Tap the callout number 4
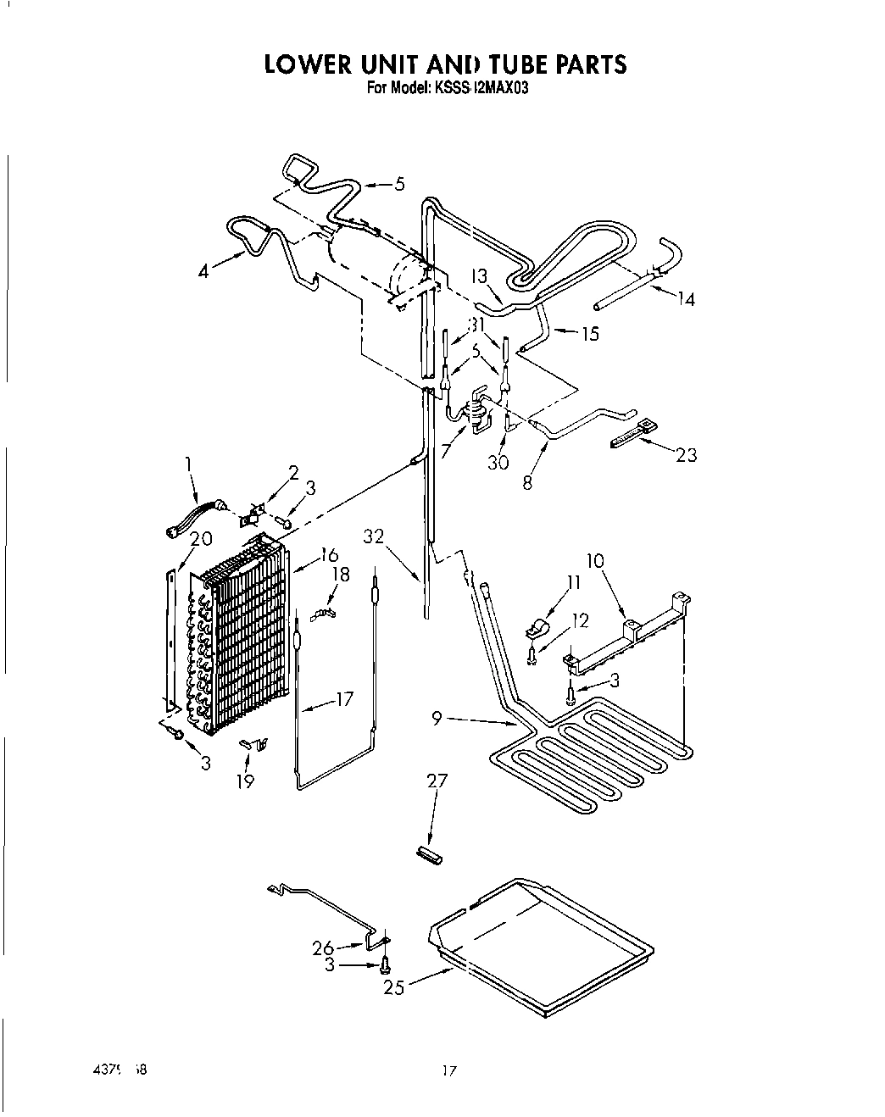pyautogui.click(x=203, y=272)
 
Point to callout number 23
pyautogui.click(x=686, y=455)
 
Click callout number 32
pyautogui.click(x=374, y=536)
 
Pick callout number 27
pyautogui.click(x=437, y=781)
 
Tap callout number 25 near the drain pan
pyautogui.click(x=393, y=986)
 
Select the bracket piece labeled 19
pyautogui.click(x=252, y=744)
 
